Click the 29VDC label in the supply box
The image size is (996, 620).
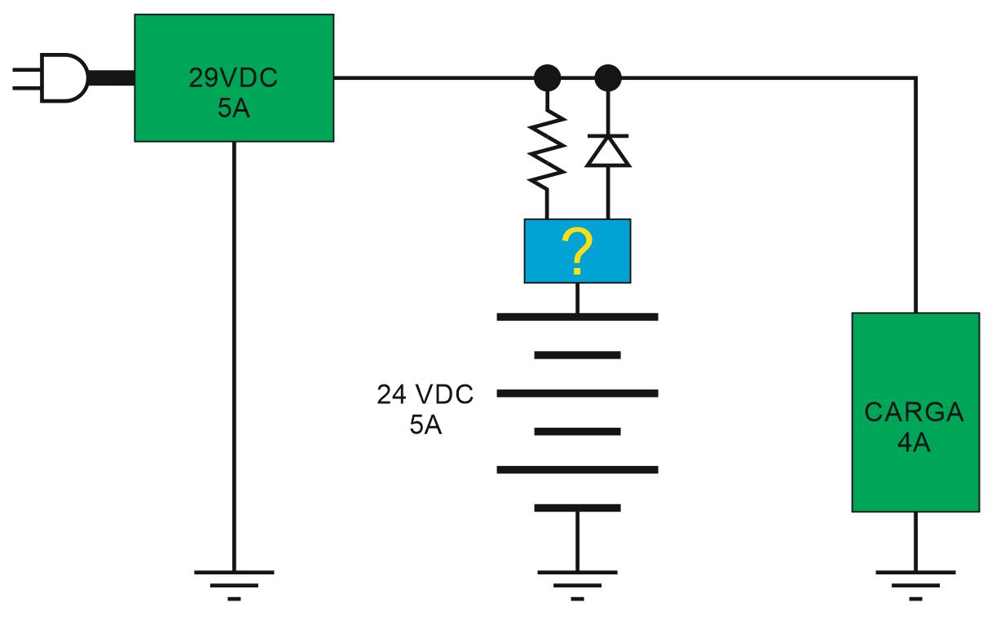233,77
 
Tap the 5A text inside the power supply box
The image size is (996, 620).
234,108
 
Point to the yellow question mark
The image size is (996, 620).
577,251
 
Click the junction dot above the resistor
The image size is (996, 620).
547,77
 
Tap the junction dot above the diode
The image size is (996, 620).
608,77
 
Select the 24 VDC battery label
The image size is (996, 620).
425,394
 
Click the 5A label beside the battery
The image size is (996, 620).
425,424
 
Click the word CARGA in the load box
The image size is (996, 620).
914,411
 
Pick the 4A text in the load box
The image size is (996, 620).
914,442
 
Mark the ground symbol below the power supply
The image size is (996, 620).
234,585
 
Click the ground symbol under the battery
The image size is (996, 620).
577,585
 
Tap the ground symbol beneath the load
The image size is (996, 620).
915,585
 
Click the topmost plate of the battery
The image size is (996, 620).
577,317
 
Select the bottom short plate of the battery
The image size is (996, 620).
577,508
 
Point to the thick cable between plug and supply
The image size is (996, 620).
111,77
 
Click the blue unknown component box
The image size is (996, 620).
577,251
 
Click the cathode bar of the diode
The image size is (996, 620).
608,135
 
